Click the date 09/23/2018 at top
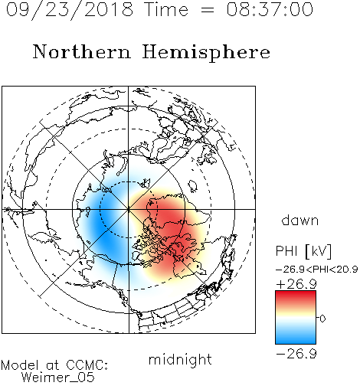pos(70,10)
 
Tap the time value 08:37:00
pos(270,9)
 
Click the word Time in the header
pos(166,9)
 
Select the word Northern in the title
pos(82,51)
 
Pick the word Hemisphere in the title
pos(206,53)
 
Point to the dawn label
pos(300,220)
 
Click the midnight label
pos(180,359)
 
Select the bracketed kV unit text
pos(319,251)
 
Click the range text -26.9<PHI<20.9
pos(316,269)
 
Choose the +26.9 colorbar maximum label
pos(296,284)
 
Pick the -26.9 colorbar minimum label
pos(296,354)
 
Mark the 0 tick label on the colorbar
pos(322,319)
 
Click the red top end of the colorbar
pos(296,294)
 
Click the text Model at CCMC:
pos(54,365)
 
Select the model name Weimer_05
pos(58,378)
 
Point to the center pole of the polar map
pos(129,209)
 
